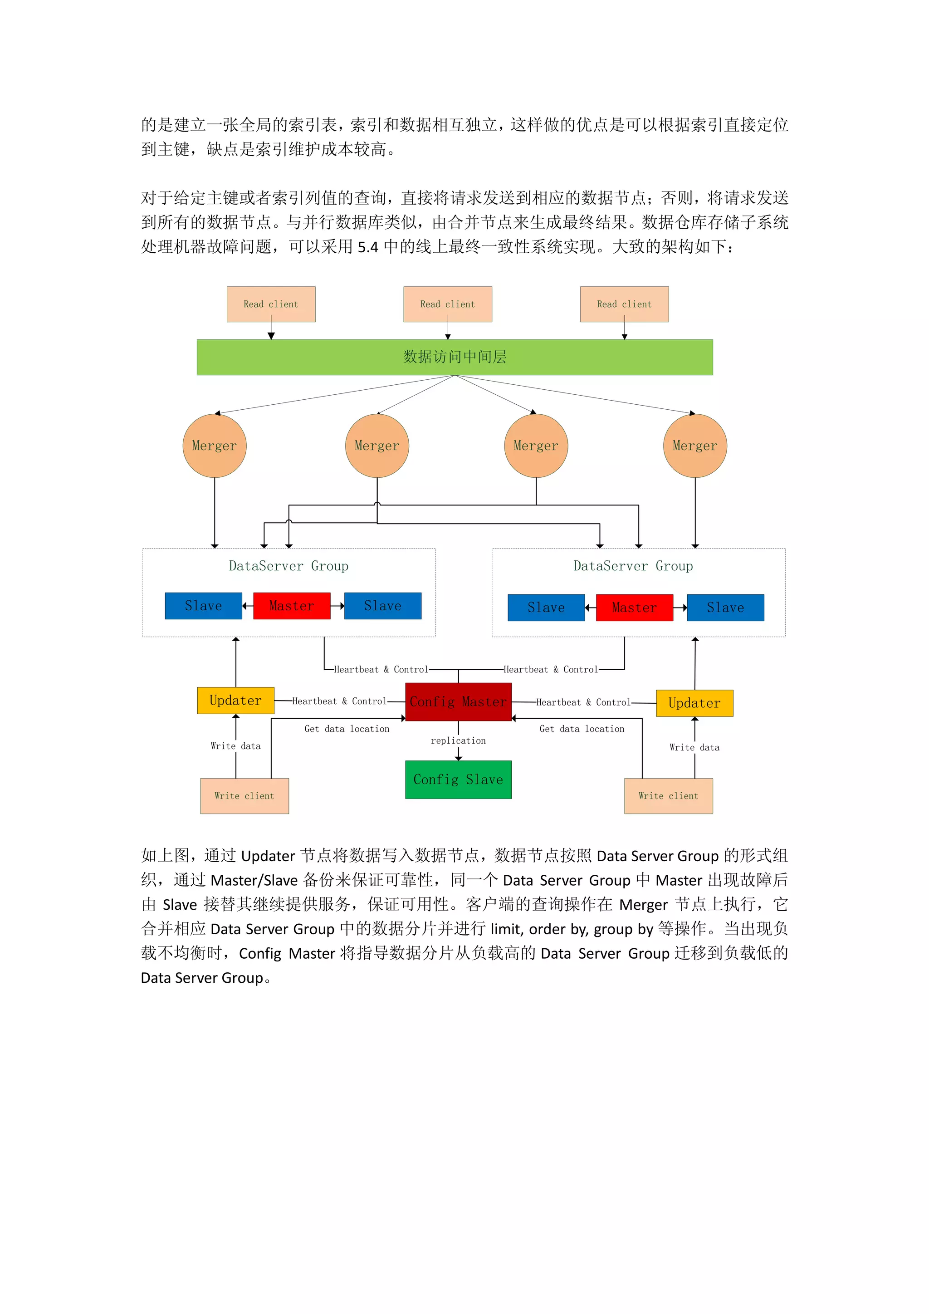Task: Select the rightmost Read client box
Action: [x=624, y=304]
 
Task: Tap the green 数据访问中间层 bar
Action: [x=455, y=357]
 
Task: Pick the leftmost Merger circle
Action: [x=215, y=446]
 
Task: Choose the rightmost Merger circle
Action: [x=695, y=446]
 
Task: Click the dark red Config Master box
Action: [x=458, y=701]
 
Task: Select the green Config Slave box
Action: [x=458, y=780]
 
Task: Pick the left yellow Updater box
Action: [x=236, y=701]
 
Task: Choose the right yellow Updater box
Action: [x=694, y=703]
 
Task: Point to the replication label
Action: [x=458, y=740]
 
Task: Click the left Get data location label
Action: [x=347, y=729]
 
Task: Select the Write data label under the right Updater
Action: [x=694, y=747]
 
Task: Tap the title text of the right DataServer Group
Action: [x=633, y=566]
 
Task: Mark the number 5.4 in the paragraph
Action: [x=368, y=247]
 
